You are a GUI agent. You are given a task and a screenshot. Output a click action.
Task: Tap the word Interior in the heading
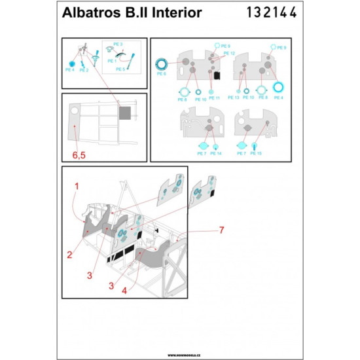tap(175, 13)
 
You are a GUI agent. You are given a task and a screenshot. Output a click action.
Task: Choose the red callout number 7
tap(222, 230)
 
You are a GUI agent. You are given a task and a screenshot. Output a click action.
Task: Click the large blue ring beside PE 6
tap(161, 63)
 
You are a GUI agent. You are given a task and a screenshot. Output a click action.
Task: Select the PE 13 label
tap(234, 98)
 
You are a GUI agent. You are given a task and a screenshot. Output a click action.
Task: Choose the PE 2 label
tap(84, 69)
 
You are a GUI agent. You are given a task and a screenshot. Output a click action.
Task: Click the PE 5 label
tap(121, 69)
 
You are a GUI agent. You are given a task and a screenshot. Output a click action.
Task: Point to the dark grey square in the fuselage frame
tap(124, 112)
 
